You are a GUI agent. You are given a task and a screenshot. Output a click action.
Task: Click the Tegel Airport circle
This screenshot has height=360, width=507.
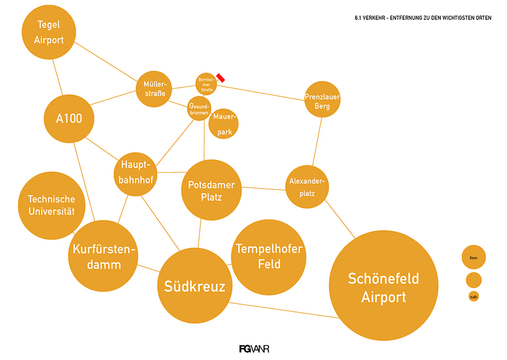point(49,32)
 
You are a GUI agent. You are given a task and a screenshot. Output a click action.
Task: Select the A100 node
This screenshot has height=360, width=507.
point(69,119)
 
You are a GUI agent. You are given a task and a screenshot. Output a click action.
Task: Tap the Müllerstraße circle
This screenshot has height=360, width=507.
point(154,89)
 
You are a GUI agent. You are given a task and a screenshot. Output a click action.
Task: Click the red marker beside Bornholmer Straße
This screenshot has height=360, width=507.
point(221,78)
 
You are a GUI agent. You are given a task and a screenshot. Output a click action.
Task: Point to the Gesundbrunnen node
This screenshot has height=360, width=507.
point(199,109)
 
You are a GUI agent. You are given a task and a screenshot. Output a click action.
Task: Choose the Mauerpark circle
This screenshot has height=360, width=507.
point(224,124)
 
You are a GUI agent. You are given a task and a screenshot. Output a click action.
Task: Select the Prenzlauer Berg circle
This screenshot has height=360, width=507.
point(322,99)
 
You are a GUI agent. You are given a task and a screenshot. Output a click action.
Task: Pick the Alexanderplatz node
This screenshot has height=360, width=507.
point(307,187)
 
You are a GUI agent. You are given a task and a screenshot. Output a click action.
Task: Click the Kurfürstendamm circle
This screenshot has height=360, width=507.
point(103,256)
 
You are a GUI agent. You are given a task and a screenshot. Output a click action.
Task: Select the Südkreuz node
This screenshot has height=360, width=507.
point(194,286)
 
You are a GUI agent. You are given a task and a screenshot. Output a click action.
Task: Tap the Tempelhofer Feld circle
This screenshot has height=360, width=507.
point(269,257)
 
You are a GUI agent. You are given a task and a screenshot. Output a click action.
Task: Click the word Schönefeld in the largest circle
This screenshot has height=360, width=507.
point(383,278)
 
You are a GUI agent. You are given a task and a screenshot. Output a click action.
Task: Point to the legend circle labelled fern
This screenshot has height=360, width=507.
point(473,257)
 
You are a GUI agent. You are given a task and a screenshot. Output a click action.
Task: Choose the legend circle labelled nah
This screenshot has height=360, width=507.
point(474,297)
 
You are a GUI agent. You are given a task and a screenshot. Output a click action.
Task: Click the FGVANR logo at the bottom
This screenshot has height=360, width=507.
point(255,348)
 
